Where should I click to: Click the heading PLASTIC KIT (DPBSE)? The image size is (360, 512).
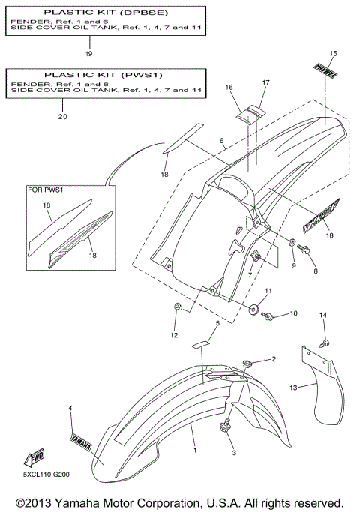pyautogui.click(x=104, y=13)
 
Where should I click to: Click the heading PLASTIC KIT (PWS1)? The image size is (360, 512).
pyautogui.click(x=104, y=75)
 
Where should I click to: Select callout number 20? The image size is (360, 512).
pyautogui.click(x=61, y=117)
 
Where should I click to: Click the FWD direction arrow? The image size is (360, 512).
pyautogui.click(x=37, y=458)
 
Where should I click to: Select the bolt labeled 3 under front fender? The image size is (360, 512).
pyautogui.click(x=225, y=429)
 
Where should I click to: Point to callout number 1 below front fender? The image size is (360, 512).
pyautogui.click(x=194, y=449)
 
